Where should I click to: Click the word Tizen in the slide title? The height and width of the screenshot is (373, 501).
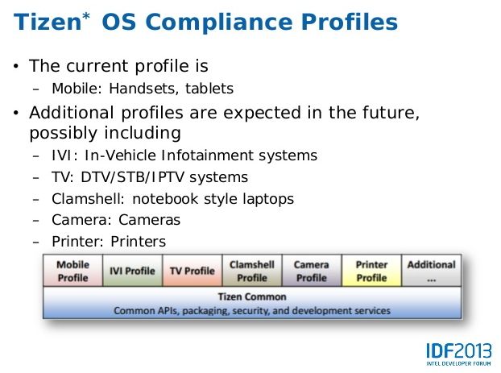click(x=48, y=22)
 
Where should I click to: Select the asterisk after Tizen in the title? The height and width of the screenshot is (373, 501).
click(x=86, y=16)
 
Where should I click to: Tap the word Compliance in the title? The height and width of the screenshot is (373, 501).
click(x=219, y=22)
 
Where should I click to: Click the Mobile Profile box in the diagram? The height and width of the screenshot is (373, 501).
click(x=72, y=271)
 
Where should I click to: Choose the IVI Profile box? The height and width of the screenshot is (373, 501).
click(x=133, y=271)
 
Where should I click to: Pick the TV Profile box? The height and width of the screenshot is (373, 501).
click(x=193, y=271)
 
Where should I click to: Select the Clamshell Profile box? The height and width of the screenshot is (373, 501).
click(x=252, y=271)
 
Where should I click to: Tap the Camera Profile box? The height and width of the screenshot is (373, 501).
click(x=312, y=271)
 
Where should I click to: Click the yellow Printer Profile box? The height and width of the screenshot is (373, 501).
click(x=371, y=271)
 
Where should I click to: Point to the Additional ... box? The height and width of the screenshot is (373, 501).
click(x=432, y=271)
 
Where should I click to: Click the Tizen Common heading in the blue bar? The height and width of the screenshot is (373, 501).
click(x=252, y=296)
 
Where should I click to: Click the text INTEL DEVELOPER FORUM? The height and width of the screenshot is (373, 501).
click(x=459, y=363)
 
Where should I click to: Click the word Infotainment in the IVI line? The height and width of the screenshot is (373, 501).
click(x=208, y=155)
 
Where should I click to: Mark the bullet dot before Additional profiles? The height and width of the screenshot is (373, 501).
click(x=16, y=113)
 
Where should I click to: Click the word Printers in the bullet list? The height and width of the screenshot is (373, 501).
click(x=138, y=242)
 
